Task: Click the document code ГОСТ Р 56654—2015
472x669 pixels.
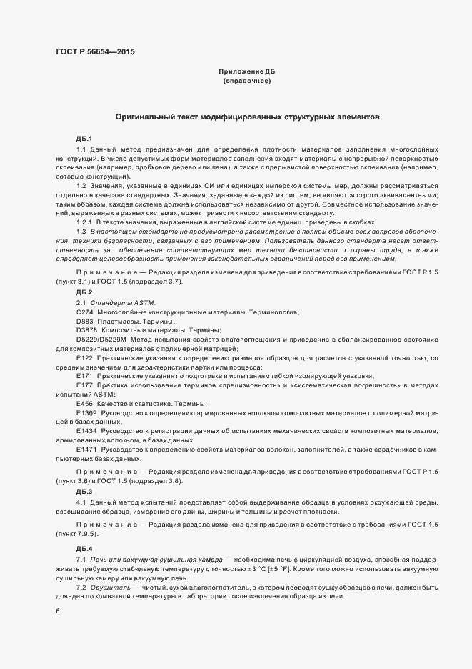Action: tap(94, 52)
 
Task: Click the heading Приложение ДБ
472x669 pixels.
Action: tap(246, 71)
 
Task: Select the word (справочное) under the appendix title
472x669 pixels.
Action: tap(246, 81)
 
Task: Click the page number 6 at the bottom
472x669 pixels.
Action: tap(57, 612)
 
